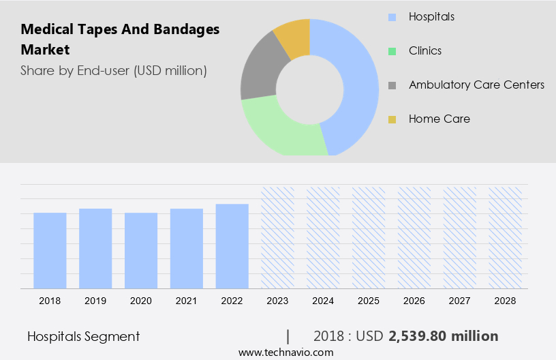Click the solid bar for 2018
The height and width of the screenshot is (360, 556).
(x=50, y=250)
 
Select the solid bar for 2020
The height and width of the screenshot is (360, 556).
(x=141, y=250)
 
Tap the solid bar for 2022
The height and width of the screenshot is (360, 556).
(x=232, y=246)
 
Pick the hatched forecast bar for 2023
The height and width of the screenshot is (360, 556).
(x=278, y=237)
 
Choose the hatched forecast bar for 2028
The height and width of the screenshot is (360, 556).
(x=506, y=237)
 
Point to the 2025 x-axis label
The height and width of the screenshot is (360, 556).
(x=369, y=300)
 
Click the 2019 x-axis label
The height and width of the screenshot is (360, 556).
(x=95, y=300)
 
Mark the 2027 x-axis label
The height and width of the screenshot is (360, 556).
(x=460, y=300)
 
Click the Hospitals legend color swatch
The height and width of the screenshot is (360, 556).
(x=392, y=16)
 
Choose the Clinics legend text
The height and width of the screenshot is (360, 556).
(x=425, y=50)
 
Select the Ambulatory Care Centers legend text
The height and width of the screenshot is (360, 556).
(x=476, y=85)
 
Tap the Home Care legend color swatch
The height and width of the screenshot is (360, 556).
(x=392, y=119)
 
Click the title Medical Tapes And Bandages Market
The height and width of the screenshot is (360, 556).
(x=120, y=40)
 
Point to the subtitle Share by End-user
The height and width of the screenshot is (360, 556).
(x=113, y=70)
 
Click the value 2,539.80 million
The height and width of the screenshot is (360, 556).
(x=443, y=336)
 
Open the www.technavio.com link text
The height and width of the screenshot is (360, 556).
(x=285, y=352)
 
